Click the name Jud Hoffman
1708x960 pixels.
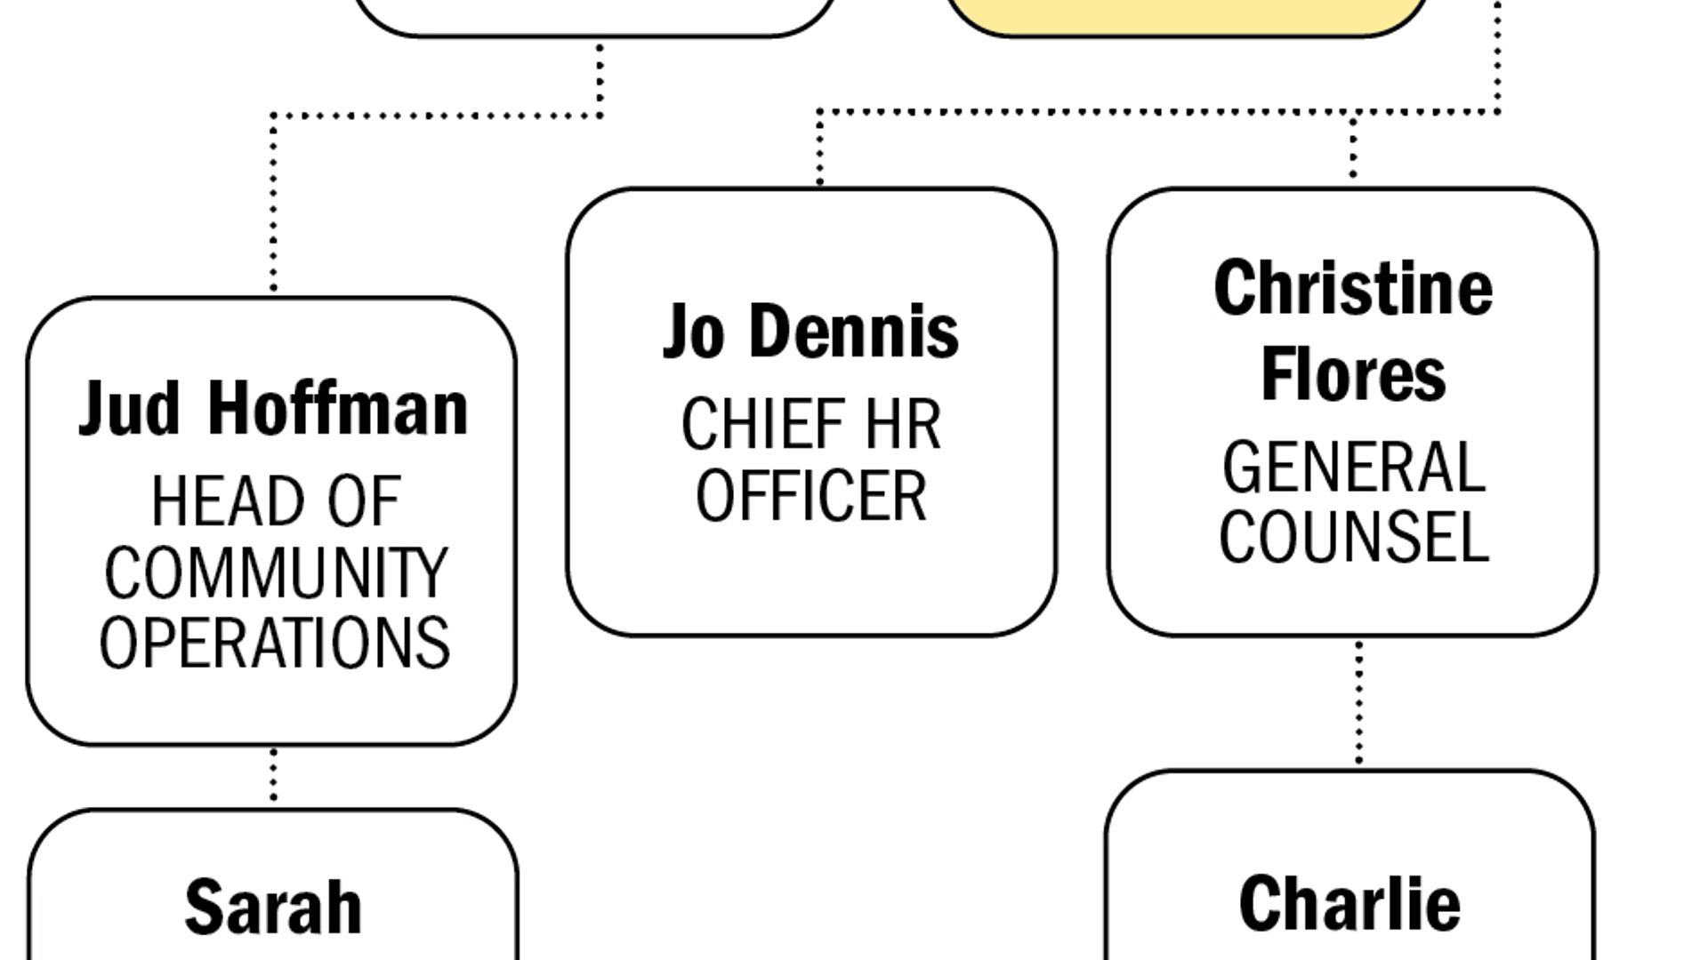[x=273, y=409]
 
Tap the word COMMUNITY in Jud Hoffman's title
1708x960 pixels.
[x=275, y=573]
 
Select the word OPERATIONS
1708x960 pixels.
[x=275, y=643]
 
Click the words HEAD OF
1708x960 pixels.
[x=276, y=502]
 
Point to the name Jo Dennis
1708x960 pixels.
[x=810, y=332]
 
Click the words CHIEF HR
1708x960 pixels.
[x=810, y=425]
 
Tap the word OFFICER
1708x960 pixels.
[x=810, y=496]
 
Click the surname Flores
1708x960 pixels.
[x=1353, y=374]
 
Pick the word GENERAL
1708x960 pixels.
[x=1353, y=468]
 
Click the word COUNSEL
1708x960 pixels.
[x=1353, y=537]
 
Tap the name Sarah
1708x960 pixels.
[x=273, y=908]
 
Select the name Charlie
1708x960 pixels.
[x=1349, y=904]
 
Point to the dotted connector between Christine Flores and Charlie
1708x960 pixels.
[x=1358, y=702]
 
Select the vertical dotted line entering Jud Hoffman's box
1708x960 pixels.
[x=273, y=204]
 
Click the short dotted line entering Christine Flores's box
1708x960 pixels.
[x=1353, y=147]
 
